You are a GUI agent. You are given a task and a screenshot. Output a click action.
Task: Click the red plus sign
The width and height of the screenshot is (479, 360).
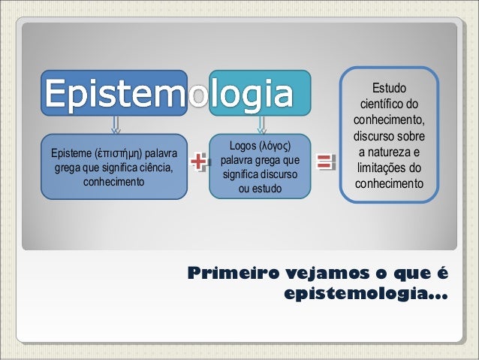coord(198,162)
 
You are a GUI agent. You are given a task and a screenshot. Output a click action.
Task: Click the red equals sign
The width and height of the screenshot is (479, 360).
coord(324,162)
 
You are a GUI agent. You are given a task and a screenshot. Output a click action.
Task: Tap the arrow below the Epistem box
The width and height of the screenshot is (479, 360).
coord(114,123)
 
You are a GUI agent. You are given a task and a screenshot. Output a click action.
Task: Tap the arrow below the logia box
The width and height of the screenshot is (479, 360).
coord(261,123)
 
